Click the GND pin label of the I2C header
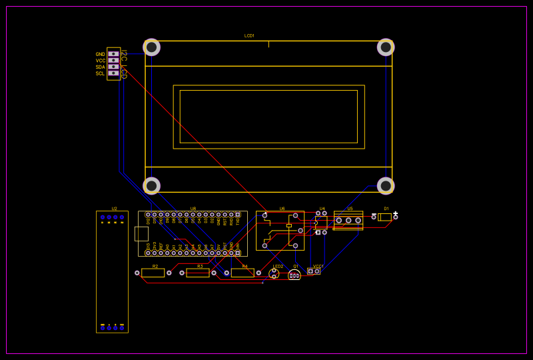(x=100, y=54)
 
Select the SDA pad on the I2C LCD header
(x=113, y=67)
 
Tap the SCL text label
(x=100, y=73)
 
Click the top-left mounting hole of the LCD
(x=152, y=47)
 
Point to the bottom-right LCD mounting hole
(x=386, y=186)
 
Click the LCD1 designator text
(x=249, y=35)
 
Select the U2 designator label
(x=114, y=209)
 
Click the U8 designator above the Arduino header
(x=193, y=209)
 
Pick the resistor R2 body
(x=153, y=273)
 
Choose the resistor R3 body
(x=198, y=273)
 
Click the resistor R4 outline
(x=243, y=273)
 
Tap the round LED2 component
(x=274, y=273)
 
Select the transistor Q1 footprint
(x=294, y=275)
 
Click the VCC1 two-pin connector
(x=314, y=271)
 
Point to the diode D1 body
(x=385, y=217)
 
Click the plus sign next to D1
(x=396, y=213)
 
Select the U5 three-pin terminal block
(x=348, y=220)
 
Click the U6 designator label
(x=282, y=209)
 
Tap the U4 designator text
(x=322, y=209)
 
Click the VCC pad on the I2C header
(x=113, y=60)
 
